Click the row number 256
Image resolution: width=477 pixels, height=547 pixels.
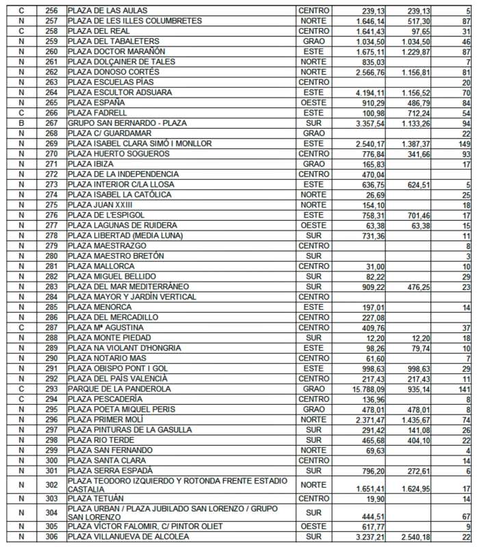(51, 11)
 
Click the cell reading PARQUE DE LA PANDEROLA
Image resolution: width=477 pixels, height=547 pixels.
(119, 388)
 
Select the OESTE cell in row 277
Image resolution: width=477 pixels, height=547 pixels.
(314, 226)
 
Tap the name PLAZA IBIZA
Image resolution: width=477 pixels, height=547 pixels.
(93, 164)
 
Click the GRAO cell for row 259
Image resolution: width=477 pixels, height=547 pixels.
(314, 42)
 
